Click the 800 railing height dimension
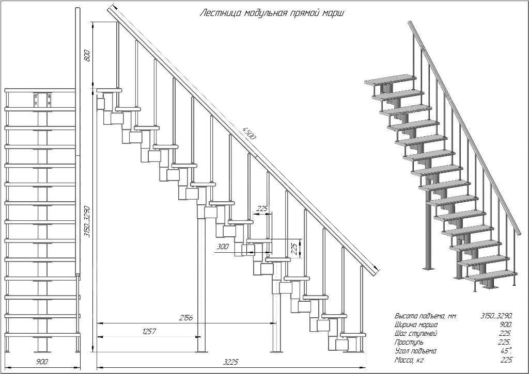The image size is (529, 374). pos(87,55)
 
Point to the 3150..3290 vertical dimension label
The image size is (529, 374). pos(87,221)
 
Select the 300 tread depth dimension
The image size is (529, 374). pos(223,247)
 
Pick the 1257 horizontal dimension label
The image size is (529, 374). pos(149,331)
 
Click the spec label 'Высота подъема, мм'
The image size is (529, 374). pos(421,316)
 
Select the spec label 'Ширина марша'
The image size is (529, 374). pos(416,324)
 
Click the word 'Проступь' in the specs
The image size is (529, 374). pos(409,342)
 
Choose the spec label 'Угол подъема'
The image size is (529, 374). pos(415,351)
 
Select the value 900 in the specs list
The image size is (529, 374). pos(505,324)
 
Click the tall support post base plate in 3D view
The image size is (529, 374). pos(427,269)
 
